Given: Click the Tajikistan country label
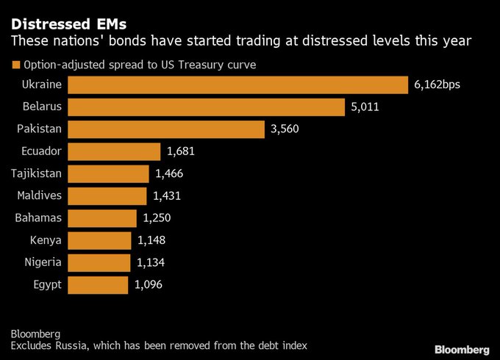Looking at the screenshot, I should (36, 173).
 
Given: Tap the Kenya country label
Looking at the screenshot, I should (46, 240).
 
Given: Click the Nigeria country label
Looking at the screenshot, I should (43, 262).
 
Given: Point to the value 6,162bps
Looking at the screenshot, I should (437, 85).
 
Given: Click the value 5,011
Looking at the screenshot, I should (365, 107).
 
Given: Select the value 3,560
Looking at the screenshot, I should (285, 129).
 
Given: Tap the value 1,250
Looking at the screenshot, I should (157, 218).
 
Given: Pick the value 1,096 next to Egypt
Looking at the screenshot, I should (149, 284).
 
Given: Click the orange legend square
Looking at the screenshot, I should (15, 65).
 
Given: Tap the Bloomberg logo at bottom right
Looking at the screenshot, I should (461, 348).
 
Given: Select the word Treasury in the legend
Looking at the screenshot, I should (201, 65).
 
